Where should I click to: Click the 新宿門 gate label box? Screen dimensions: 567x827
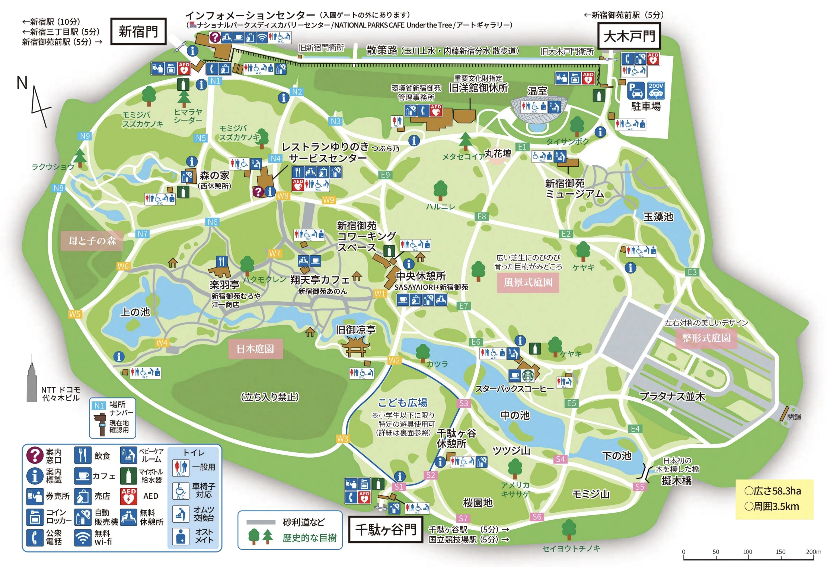(138, 32)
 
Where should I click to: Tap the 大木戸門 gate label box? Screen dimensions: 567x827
(629, 36)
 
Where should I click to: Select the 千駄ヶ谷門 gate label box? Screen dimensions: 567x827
(386, 529)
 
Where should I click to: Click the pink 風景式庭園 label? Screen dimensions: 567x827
(528, 282)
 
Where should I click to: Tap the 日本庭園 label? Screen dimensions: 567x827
(255, 349)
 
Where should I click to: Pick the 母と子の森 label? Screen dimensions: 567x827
(92, 241)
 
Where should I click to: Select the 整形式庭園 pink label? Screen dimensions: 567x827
(706, 338)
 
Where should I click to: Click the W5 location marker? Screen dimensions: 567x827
(75, 314)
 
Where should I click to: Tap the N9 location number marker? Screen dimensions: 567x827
(85, 136)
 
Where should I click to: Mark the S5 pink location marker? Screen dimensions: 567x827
(639, 487)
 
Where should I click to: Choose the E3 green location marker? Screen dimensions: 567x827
(692, 272)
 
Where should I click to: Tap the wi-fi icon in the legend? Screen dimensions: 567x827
(83, 538)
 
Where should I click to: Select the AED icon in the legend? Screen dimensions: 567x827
(129, 496)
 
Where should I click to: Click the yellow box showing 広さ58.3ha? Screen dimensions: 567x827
(774, 499)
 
